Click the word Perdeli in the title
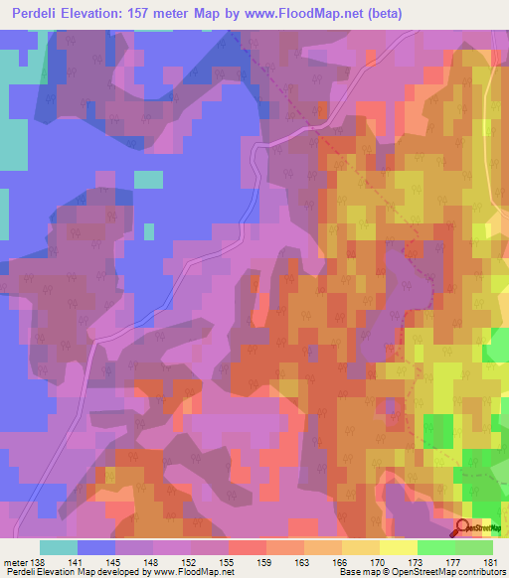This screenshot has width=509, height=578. (x=43, y=14)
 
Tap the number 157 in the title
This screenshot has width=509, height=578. (x=166, y=14)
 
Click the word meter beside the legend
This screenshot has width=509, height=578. (x=16, y=561)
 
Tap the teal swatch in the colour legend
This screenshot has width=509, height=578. (x=59, y=547)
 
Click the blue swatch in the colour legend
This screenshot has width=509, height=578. (x=96, y=547)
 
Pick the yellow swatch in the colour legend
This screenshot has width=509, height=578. (x=399, y=547)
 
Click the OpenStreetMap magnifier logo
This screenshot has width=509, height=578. (x=463, y=528)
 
